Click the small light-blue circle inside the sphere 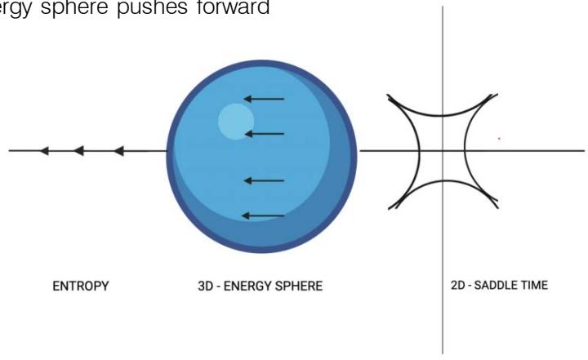(234, 120)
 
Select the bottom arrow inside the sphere (263, 216)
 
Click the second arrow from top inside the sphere (264, 133)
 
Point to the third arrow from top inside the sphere (264, 180)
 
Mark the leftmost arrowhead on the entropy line (45, 150)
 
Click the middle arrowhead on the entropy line (78, 150)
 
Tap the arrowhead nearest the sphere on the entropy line (118, 150)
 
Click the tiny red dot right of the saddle (499, 138)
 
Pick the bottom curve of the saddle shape (442, 184)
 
